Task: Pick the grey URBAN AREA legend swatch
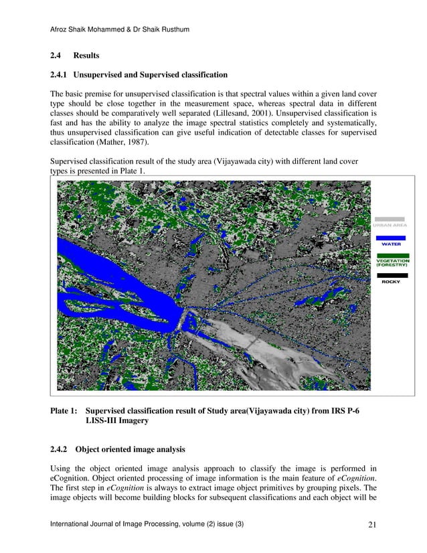point(390,218)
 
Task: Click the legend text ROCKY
point(391,282)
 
